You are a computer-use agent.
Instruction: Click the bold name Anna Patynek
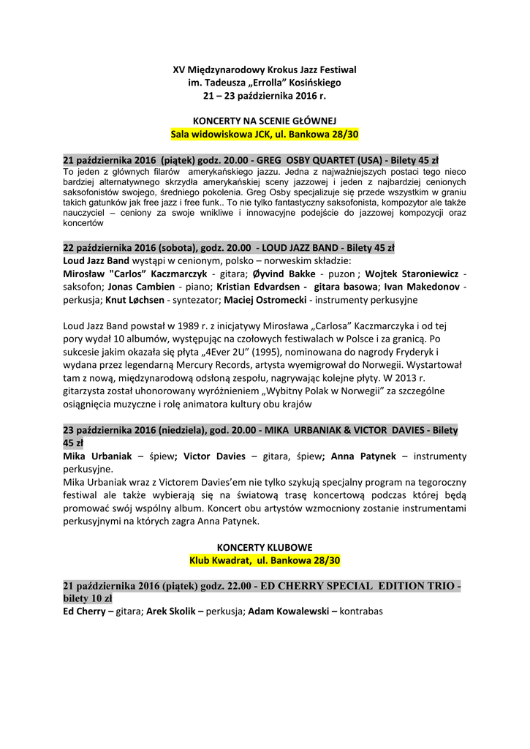(x=363, y=456)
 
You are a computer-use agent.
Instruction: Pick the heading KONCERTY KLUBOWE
(x=265, y=547)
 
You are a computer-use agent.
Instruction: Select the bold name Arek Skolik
(x=173, y=611)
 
